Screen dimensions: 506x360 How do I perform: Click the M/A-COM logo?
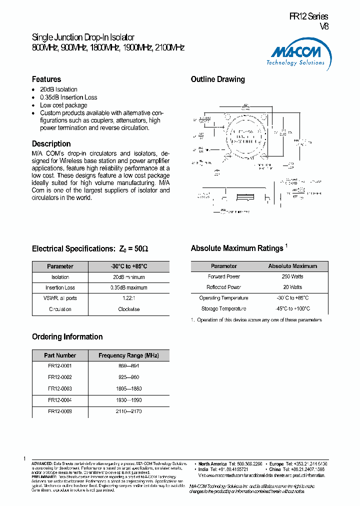pos(297,54)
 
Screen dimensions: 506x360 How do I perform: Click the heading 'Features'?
pos(46,79)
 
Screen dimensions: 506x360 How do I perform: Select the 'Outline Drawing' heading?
pos(218,79)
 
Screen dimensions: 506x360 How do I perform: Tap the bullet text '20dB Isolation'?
pos(58,89)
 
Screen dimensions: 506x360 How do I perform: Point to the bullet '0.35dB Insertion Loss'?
pos(68,97)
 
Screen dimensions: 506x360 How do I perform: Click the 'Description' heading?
pos(51,144)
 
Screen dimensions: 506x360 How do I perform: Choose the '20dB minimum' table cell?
pos(128,277)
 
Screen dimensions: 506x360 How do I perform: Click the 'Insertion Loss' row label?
pos(60,287)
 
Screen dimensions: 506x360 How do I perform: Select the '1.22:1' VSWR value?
pos(128,298)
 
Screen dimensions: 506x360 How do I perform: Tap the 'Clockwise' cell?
pos(128,309)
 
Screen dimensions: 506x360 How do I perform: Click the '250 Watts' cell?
pos(292,276)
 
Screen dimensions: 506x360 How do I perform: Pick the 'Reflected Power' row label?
pos(224,287)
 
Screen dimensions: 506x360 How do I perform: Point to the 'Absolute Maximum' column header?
pos(292,266)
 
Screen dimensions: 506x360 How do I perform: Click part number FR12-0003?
pos(60,388)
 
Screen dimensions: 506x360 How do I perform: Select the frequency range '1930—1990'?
pos(128,399)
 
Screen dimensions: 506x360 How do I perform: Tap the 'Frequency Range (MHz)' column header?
pos(128,355)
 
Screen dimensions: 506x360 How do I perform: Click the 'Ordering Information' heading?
pos(67,337)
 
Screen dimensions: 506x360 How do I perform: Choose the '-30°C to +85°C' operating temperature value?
pos(292,298)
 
